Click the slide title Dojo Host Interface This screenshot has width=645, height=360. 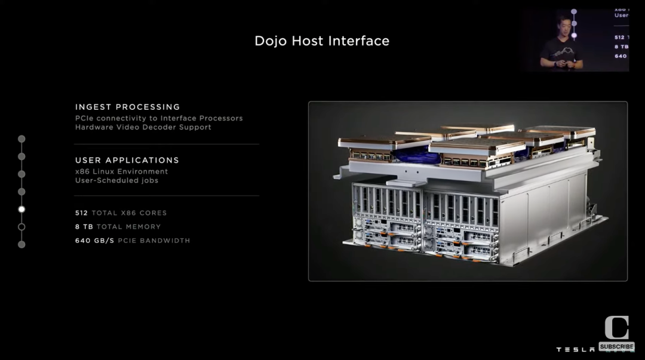pos(322,41)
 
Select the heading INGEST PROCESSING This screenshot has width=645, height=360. pos(127,107)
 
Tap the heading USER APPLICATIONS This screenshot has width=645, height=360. pos(127,160)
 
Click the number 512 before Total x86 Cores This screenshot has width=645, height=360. pos(81,213)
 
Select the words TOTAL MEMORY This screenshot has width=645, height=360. pos(128,227)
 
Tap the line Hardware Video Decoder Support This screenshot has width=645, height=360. pos(143,127)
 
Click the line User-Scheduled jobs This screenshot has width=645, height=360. pos(116,180)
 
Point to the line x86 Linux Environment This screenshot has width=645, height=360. pos(121,171)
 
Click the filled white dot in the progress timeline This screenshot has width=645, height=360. pos(21,209)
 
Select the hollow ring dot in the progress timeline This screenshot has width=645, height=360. pos(21,227)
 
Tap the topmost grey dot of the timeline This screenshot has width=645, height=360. pos(21,139)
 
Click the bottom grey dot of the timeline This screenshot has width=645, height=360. pos(21,244)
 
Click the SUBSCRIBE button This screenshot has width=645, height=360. pos(616,347)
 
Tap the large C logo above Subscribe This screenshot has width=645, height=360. pos(616,328)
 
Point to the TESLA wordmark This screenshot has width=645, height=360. pos(575,349)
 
